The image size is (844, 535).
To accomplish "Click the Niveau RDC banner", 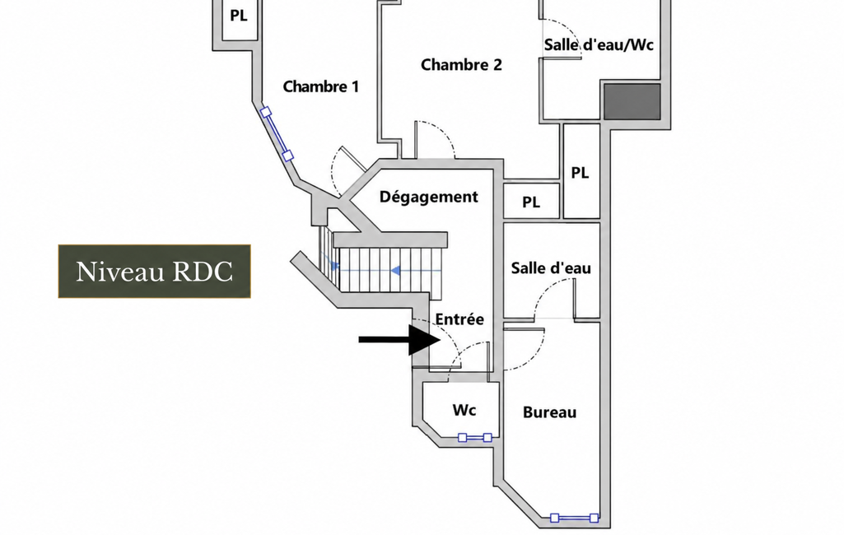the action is [x=155, y=272].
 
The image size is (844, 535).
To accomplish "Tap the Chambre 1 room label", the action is [x=321, y=86].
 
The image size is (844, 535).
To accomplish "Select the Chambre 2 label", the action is [x=461, y=64].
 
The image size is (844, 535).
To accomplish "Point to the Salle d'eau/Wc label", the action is [x=599, y=44].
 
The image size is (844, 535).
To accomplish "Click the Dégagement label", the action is [x=428, y=197].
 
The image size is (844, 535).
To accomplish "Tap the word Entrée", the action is [x=459, y=319].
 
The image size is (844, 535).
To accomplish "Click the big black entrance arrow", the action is [x=399, y=340].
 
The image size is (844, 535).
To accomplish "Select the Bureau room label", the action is [x=549, y=412].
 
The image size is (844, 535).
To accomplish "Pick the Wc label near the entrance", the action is [x=464, y=410].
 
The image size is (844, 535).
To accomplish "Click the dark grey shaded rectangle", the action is [x=632, y=101].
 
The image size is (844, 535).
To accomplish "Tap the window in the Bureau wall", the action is [x=574, y=519].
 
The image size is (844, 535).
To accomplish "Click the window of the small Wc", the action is [x=475, y=438].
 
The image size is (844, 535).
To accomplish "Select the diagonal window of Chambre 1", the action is [x=277, y=134].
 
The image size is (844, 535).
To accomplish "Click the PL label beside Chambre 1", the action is [x=239, y=16].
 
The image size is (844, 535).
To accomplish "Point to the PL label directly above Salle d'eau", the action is [x=531, y=202].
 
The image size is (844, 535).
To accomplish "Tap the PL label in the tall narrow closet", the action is [x=580, y=173].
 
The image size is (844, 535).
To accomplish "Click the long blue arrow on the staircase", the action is [x=416, y=271].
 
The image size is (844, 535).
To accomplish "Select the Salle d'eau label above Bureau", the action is [x=551, y=268].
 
